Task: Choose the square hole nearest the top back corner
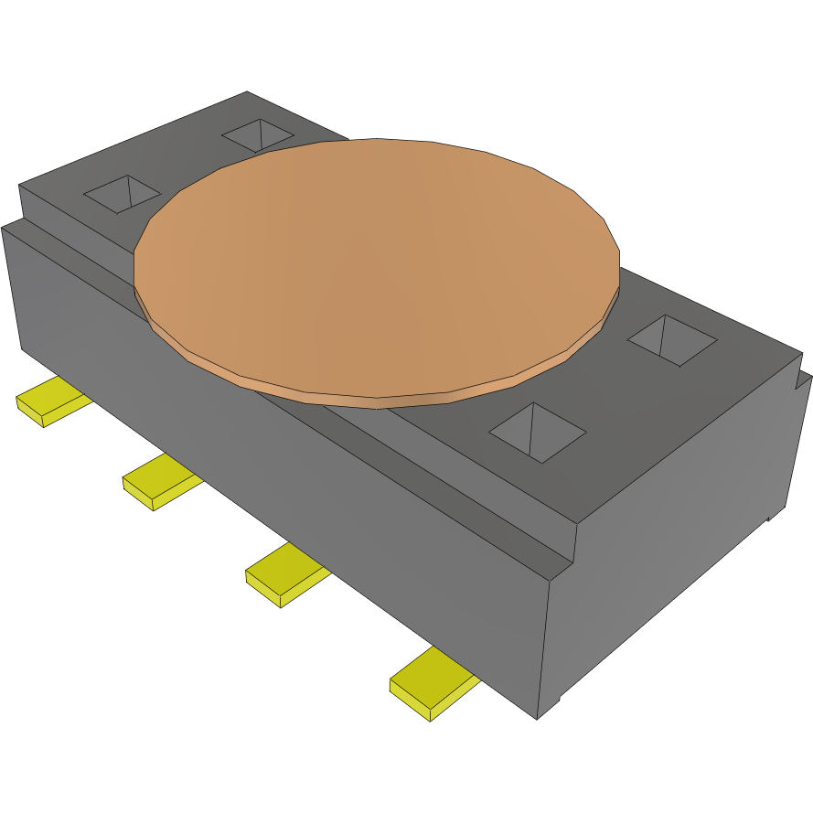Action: point(259,135)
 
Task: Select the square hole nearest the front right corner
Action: point(538,432)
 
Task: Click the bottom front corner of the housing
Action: point(538,719)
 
